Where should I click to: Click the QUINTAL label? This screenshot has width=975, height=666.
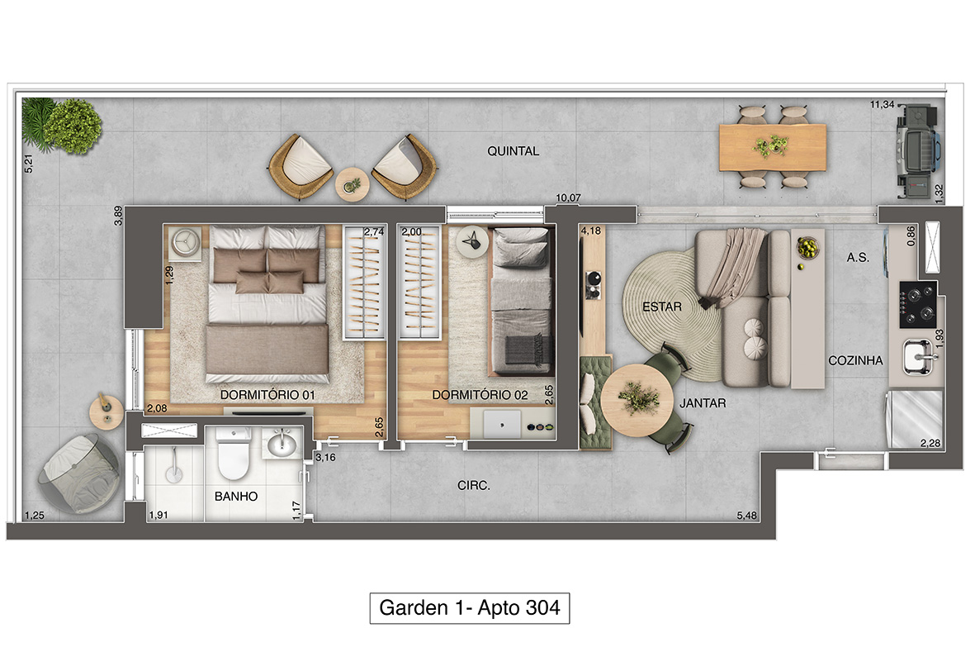click(x=513, y=151)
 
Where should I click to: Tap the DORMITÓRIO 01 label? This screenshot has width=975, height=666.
click(x=267, y=395)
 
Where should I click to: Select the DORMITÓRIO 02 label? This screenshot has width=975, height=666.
click(x=480, y=395)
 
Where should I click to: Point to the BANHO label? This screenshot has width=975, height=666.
click(x=235, y=496)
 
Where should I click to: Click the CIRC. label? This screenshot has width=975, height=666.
click(x=474, y=486)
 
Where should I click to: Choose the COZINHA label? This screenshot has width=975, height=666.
click(x=855, y=360)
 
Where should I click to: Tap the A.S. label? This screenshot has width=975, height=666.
click(x=858, y=257)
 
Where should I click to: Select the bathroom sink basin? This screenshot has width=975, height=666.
click(x=282, y=443)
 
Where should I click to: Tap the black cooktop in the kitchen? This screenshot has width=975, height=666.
click(x=918, y=304)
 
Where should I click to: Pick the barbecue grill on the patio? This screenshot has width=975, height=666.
click(x=918, y=150)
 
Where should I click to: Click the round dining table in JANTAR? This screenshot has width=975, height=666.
click(x=637, y=400)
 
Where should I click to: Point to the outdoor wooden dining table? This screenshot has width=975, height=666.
click(x=772, y=148)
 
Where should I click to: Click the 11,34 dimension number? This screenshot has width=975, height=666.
click(x=883, y=105)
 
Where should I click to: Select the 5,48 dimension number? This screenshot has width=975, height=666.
click(x=747, y=516)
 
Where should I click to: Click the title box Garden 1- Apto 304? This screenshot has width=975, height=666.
click(x=470, y=608)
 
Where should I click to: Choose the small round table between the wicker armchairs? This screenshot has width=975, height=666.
click(x=353, y=185)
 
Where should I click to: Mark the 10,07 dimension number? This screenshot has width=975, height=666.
click(x=568, y=198)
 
